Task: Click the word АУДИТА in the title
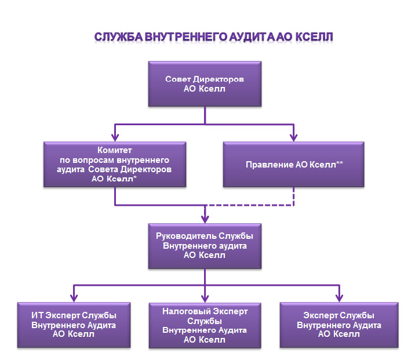tap(252, 37)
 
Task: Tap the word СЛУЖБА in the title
tap(119, 37)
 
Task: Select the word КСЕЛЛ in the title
tap(314, 37)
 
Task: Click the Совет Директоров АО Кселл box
tap(205, 84)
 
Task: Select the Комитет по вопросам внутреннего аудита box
tap(115, 165)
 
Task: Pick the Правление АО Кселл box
tap(293, 165)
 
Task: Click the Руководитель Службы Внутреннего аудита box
tap(205, 246)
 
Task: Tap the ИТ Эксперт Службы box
tap(74, 325)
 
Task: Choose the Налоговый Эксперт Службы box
tap(205, 325)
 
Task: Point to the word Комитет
tap(115, 150)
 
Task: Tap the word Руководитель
tap(186, 236)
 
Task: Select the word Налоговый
tap(186, 311)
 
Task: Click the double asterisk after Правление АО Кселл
tap(340, 163)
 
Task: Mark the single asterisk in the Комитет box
tap(135, 177)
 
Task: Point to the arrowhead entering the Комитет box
tap(115, 137)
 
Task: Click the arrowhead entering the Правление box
tap(293, 137)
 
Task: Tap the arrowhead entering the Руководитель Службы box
tap(205, 219)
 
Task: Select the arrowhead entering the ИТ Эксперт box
tap(74, 298)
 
